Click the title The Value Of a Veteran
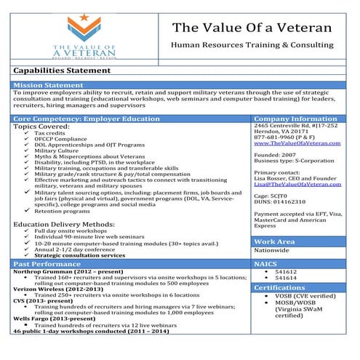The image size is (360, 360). click(252, 27)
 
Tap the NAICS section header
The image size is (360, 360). click(267, 263)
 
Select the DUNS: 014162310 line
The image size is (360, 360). click(280, 201)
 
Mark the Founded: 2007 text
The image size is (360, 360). click(276, 154)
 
